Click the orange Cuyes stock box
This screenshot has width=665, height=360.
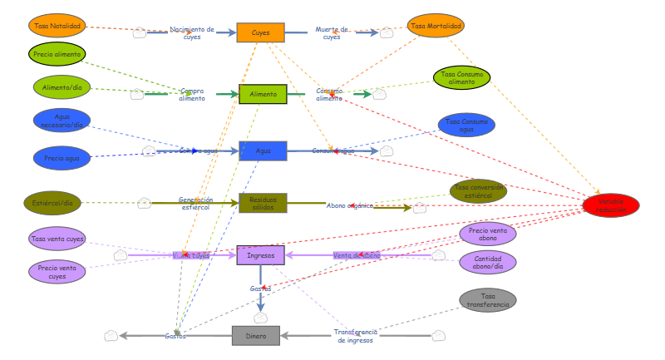[x=260, y=32]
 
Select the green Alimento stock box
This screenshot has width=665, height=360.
[x=263, y=95]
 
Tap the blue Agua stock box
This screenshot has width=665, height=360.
[x=263, y=150]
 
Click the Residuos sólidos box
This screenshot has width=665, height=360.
[x=263, y=203]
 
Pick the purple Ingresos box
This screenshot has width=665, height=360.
[x=261, y=254]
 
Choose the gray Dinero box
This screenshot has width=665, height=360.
[x=255, y=335]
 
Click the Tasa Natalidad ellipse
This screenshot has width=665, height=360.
[x=57, y=26]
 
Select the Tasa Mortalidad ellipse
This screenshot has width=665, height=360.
[x=436, y=26]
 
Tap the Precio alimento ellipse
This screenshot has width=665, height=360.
[x=57, y=54]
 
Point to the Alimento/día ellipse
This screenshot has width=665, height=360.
[x=62, y=86]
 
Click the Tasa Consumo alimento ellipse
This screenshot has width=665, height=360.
[x=461, y=78]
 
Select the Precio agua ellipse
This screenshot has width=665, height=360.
[x=62, y=157]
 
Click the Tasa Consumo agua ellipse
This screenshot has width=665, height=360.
[x=466, y=126]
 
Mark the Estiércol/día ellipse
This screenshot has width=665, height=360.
[x=52, y=203]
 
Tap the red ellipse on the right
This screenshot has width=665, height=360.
[x=611, y=205]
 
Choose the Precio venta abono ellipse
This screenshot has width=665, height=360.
[x=488, y=234]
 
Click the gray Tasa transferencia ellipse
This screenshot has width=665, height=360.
[x=488, y=300]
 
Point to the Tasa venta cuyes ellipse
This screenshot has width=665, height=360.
[x=57, y=239]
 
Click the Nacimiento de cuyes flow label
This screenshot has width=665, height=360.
[x=192, y=32]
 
